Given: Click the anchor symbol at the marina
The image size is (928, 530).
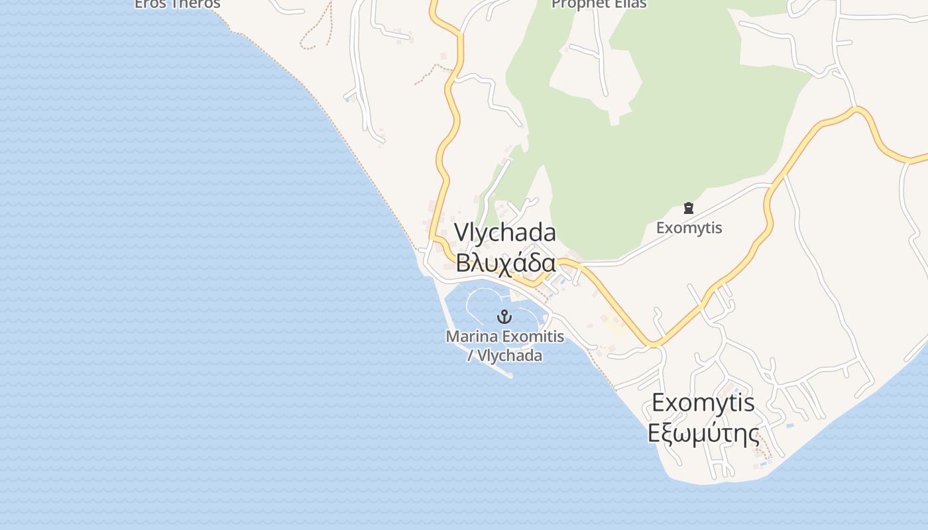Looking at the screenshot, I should pyautogui.click(x=504, y=316).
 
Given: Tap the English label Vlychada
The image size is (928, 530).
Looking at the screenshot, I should pyautogui.click(x=505, y=233).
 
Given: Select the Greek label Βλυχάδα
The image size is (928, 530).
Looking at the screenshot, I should pyautogui.click(x=505, y=263).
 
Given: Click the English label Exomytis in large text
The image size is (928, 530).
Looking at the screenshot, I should pyautogui.click(x=703, y=402).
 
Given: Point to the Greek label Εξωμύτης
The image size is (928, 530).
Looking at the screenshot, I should pyautogui.click(x=703, y=433).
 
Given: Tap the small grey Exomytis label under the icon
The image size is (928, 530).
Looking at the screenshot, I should pyautogui.click(x=689, y=228).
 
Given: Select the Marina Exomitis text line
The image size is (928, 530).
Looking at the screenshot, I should pyautogui.click(x=504, y=337).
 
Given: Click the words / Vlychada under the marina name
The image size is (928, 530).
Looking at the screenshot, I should pyautogui.click(x=504, y=356).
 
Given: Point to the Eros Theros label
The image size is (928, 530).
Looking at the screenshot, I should pyautogui.click(x=177, y=4).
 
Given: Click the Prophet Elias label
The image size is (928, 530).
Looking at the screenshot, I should pyautogui.click(x=599, y=4).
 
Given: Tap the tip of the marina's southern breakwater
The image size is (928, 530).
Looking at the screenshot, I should pyautogui.click(x=510, y=376).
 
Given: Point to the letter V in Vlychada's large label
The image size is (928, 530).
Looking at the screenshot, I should pyautogui.click(x=461, y=233).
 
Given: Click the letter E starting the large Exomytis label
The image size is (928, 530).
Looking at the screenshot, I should pyautogui.click(x=659, y=402).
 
